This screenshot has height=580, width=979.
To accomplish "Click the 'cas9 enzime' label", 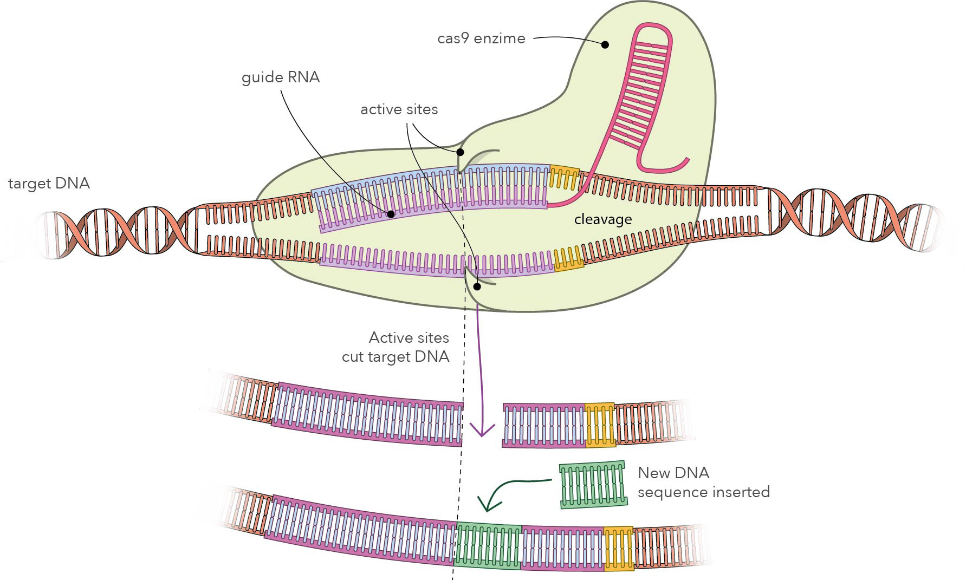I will [x=481, y=38].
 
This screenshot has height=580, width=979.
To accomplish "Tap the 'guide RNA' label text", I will [x=281, y=77].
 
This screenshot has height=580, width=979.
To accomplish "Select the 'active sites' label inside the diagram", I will [x=399, y=109].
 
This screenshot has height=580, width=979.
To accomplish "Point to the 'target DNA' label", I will [x=49, y=184].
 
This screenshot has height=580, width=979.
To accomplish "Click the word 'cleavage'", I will [x=602, y=219].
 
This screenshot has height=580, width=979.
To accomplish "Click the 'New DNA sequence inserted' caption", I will [x=703, y=482].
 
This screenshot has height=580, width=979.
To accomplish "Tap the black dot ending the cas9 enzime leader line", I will [x=605, y=44].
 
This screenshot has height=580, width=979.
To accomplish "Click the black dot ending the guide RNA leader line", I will [x=390, y=214].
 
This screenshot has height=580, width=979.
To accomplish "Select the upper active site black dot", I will [x=460, y=152].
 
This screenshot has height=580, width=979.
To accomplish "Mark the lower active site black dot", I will [x=477, y=286].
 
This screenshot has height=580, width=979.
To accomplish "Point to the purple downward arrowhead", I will [x=482, y=431].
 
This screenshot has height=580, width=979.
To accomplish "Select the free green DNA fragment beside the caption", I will [x=593, y=485].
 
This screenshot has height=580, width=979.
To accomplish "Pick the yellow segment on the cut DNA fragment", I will [x=600, y=425].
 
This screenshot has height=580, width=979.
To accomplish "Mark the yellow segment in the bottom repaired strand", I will [x=618, y=548].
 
